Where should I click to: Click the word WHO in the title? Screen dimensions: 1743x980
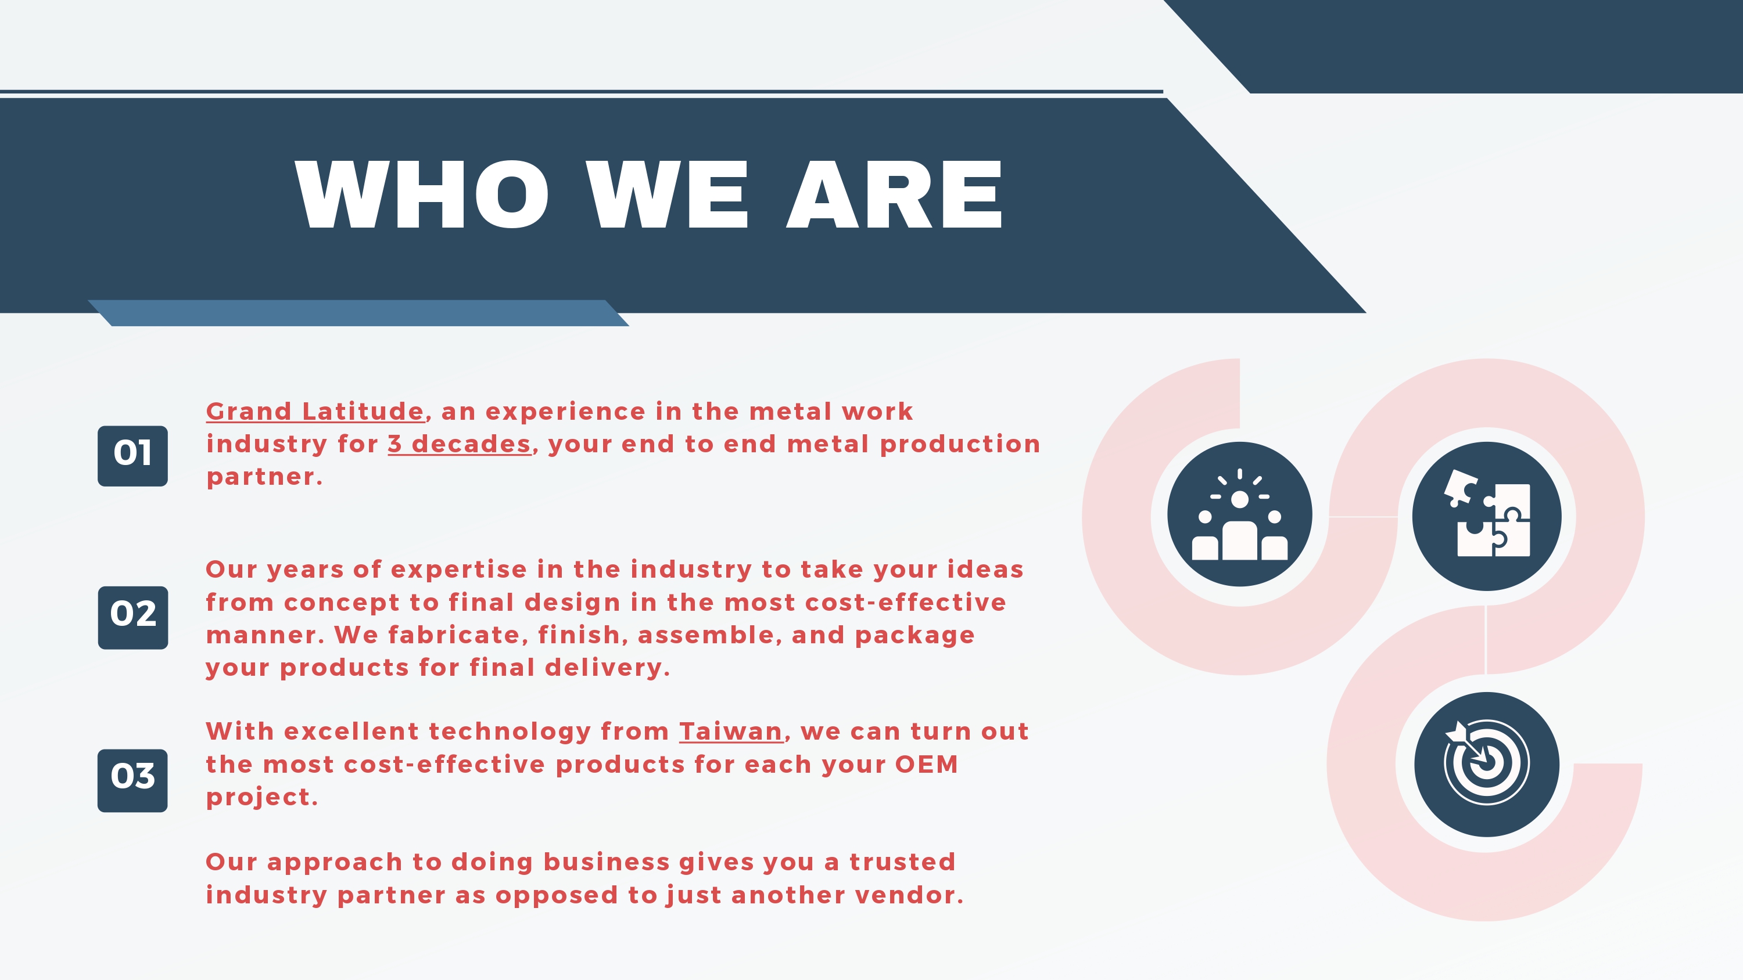pos(422,195)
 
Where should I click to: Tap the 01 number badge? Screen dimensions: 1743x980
pos(132,456)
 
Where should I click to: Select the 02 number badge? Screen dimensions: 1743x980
pos(132,618)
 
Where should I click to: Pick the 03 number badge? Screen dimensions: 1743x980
pos(132,780)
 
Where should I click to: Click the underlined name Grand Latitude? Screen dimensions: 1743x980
pos(315,411)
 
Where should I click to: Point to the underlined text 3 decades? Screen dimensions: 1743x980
pos(460,444)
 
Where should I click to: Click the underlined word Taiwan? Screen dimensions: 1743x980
pos(731,731)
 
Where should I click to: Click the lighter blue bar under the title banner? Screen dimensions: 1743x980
pos(358,313)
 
